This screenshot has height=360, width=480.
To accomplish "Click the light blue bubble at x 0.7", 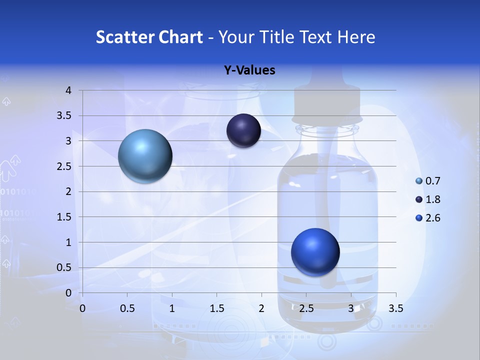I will (x=145, y=156).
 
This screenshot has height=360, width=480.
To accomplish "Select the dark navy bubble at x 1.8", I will (x=243, y=130).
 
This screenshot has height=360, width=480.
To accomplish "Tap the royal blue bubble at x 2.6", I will (x=315, y=252).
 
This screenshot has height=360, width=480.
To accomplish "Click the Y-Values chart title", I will (x=249, y=70).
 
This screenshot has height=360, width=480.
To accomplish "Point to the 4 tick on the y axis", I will (x=68, y=90).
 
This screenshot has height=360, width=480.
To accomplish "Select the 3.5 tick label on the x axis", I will (x=395, y=308).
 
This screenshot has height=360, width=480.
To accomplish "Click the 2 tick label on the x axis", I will (x=261, y=308).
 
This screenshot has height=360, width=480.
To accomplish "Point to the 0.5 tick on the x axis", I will (x=127, y=308).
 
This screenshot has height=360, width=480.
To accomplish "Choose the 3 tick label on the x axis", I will (x=351, y=308).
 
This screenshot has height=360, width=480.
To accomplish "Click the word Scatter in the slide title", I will (x=124, y=37).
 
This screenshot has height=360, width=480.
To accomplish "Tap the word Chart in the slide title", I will (x=180, y=37).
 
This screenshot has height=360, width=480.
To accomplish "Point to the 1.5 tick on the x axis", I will (x=216, y=308).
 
